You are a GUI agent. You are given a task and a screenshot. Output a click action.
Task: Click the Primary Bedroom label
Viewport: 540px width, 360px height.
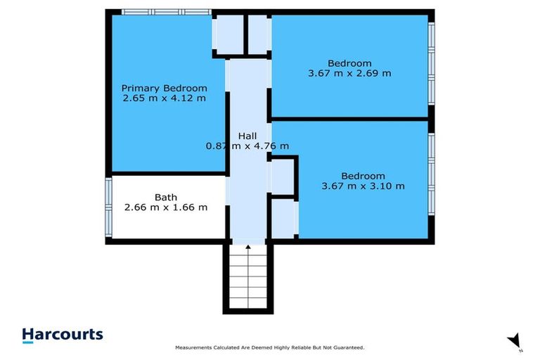[164, 88]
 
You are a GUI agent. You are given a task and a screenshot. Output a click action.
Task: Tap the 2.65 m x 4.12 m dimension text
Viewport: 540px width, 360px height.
[164, 98]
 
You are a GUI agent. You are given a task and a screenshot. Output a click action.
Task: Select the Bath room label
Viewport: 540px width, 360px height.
[166, 198]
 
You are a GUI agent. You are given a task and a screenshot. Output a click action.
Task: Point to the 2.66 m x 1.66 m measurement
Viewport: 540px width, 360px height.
[166, 207]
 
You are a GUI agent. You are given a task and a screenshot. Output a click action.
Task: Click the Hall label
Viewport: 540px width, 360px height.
[247, 136]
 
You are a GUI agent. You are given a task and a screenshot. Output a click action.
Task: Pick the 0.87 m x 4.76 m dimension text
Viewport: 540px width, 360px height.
[247, 146]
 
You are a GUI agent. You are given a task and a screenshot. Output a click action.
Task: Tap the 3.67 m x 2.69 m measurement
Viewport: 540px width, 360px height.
[349, 72]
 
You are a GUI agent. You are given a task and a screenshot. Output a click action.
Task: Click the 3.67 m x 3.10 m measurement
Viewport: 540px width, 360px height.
[363, 186]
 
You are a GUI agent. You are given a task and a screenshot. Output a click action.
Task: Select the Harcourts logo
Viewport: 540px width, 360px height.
[63, 335]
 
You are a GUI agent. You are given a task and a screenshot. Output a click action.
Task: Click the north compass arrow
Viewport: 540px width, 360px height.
[515, 340]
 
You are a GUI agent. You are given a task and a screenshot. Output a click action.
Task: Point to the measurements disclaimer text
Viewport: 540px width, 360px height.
[269, 348]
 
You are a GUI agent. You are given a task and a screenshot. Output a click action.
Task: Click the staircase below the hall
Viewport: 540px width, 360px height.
[247, 278]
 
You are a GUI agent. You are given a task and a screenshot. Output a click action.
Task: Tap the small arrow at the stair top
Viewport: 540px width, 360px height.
[247, 247]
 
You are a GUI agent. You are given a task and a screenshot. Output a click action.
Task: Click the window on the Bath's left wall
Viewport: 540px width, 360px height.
[109, 207]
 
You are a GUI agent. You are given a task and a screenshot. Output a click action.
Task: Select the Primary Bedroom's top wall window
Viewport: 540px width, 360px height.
[165, 12]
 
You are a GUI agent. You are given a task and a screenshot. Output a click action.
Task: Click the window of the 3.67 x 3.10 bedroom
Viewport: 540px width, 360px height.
[432, 179]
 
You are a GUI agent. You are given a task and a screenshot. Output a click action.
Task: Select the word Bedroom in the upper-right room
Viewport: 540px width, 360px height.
[349, 63]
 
